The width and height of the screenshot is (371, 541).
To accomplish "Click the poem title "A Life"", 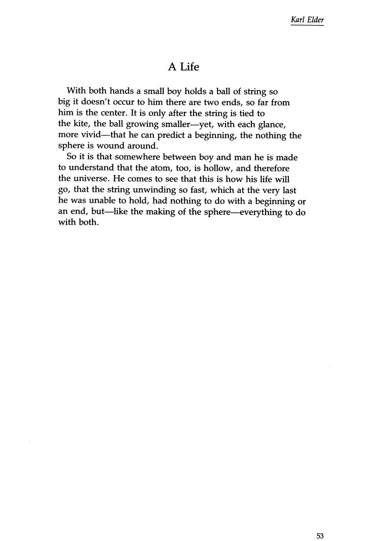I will coord(183,67).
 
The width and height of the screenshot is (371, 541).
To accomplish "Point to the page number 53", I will coord(320,525).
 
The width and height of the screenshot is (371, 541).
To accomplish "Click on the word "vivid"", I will coord(91,135).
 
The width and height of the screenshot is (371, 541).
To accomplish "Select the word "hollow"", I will coord(217,168).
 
